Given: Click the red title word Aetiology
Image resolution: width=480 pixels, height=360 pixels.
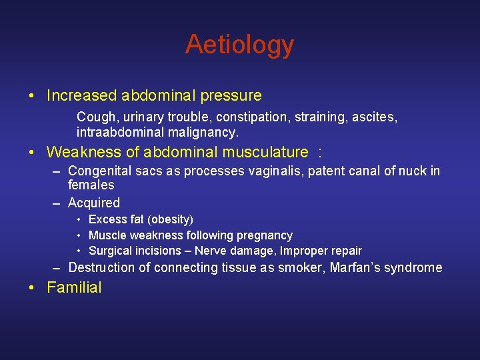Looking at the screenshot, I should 239,45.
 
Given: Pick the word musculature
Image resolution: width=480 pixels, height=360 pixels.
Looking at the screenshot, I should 263,153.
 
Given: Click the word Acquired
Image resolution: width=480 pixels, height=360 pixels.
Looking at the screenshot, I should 94,203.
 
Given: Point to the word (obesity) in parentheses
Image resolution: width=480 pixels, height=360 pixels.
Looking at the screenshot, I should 172,219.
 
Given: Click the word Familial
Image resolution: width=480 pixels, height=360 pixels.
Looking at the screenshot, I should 74,288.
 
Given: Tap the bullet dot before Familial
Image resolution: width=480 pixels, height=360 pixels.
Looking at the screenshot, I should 33,288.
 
